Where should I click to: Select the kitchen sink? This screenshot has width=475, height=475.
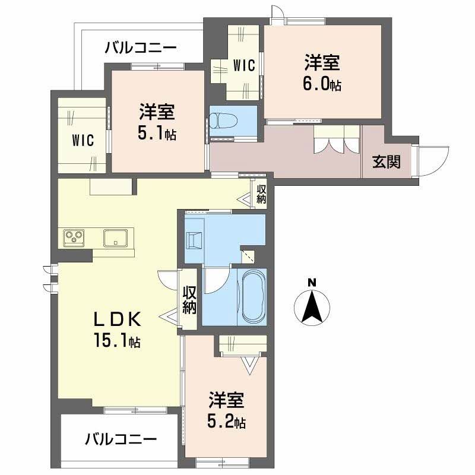point(113,238)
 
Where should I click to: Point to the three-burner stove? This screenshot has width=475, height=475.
point(74,238)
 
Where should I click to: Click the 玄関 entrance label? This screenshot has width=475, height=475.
point(386,161)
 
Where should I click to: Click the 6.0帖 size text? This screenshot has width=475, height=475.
point(322,84)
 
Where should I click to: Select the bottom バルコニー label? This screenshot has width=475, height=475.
point(121,440)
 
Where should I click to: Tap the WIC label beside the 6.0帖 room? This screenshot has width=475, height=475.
point(243,65)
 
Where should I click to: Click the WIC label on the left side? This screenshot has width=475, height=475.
point(84,140)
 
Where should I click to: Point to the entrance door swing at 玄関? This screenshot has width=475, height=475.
point(430,160)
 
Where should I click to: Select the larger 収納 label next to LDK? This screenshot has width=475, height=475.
point(189,300)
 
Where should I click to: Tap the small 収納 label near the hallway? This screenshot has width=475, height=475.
point(261,194)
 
